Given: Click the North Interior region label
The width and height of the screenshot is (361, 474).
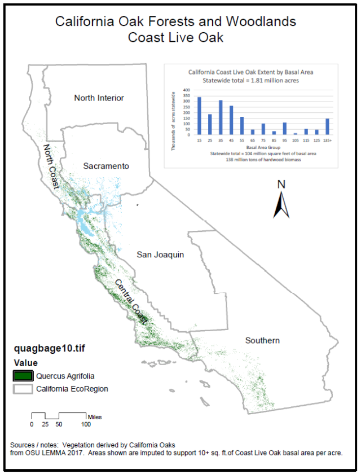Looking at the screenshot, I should coord(99,98).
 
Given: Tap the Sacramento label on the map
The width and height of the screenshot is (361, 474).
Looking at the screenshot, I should coord(106,166).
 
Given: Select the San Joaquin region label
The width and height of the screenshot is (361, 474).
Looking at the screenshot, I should coord(161,255).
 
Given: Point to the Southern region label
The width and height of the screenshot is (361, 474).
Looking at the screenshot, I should coord(262,340).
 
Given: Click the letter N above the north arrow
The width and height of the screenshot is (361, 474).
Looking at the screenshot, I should coord(281,185).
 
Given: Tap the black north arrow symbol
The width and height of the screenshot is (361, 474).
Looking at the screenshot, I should coord(281,205).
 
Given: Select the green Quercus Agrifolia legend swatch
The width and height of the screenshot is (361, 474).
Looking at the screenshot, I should coord(23,376).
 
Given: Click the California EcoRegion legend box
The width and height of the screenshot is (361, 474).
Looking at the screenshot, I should coord(23,389).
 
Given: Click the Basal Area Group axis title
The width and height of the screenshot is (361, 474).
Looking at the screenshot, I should coord(263,147).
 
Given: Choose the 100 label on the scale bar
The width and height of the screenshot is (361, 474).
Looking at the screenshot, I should coord(86,424).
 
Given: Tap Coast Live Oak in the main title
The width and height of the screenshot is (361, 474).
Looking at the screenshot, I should coord(175,38).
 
